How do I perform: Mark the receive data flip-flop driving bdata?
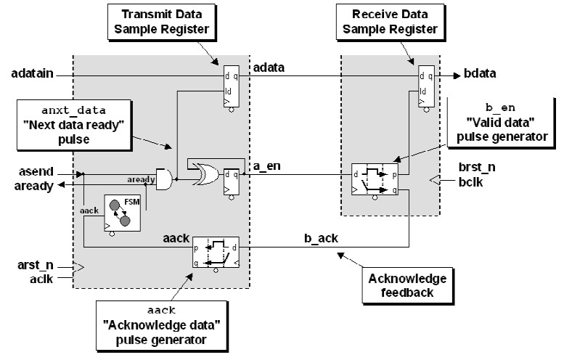(425, 88)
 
